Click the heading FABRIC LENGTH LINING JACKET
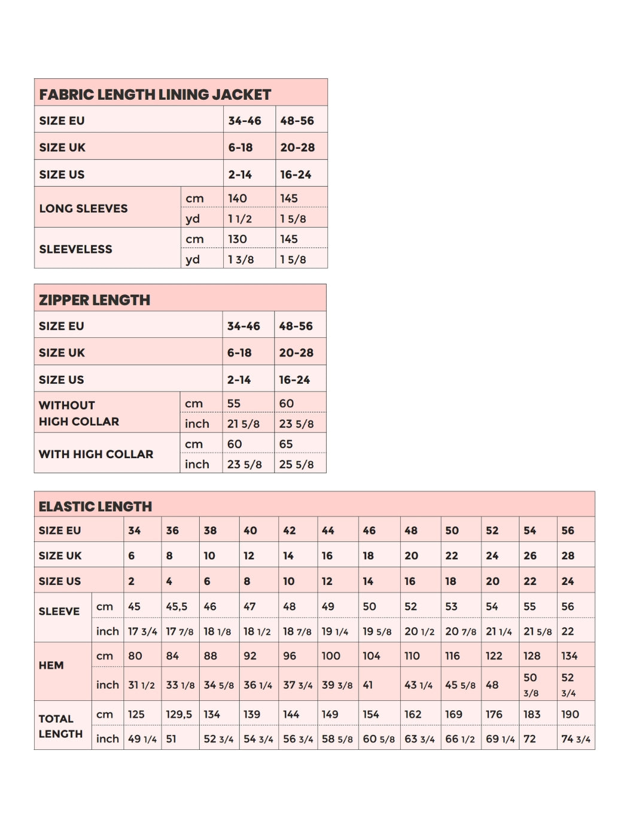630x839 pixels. point(155,94)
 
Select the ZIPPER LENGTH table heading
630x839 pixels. point(95,300)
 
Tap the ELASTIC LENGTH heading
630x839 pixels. point(95,507)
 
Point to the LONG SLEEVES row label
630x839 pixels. point(83,208)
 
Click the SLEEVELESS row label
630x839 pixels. point(75,249)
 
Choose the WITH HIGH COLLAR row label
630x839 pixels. point(96,454)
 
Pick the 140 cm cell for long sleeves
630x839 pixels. point(238,198)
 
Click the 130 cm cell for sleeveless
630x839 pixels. point(238,239)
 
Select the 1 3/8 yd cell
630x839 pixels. point(241,260)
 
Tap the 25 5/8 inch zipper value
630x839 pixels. point(296,464)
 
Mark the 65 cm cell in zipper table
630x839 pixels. point(286,444)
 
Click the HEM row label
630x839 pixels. point(51,665)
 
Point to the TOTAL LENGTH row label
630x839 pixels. point(60,726)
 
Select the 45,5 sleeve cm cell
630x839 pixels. point(176,606)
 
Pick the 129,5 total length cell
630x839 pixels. point(179,714)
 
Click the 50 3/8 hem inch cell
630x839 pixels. point(531,685)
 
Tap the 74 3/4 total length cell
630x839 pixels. point(576,739)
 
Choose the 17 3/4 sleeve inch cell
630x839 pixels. point(142,631)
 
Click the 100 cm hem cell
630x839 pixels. point(331,656)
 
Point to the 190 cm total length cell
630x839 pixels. point(570,714)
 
